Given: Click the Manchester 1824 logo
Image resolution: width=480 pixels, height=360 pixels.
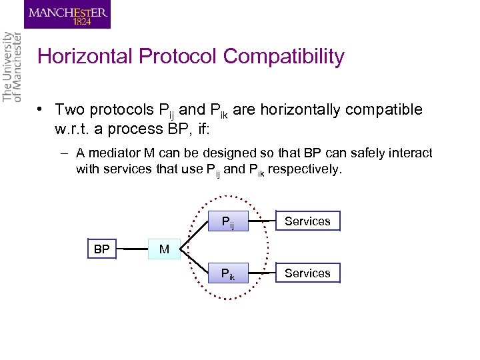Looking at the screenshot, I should (x=67, y=15).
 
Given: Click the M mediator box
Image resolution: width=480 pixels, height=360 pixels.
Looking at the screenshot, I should (x=164, y=249).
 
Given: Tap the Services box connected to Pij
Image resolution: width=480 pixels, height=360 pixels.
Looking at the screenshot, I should (x=307, y=221).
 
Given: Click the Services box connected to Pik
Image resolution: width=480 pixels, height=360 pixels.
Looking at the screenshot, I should (x=307, y=273).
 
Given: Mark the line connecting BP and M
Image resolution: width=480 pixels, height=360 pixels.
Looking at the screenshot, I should (x=133, y=250).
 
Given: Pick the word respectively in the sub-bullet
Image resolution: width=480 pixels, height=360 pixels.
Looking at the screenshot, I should (x=307, y=169).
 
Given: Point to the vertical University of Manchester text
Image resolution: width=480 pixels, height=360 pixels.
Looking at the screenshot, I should (x=13, y=67).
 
